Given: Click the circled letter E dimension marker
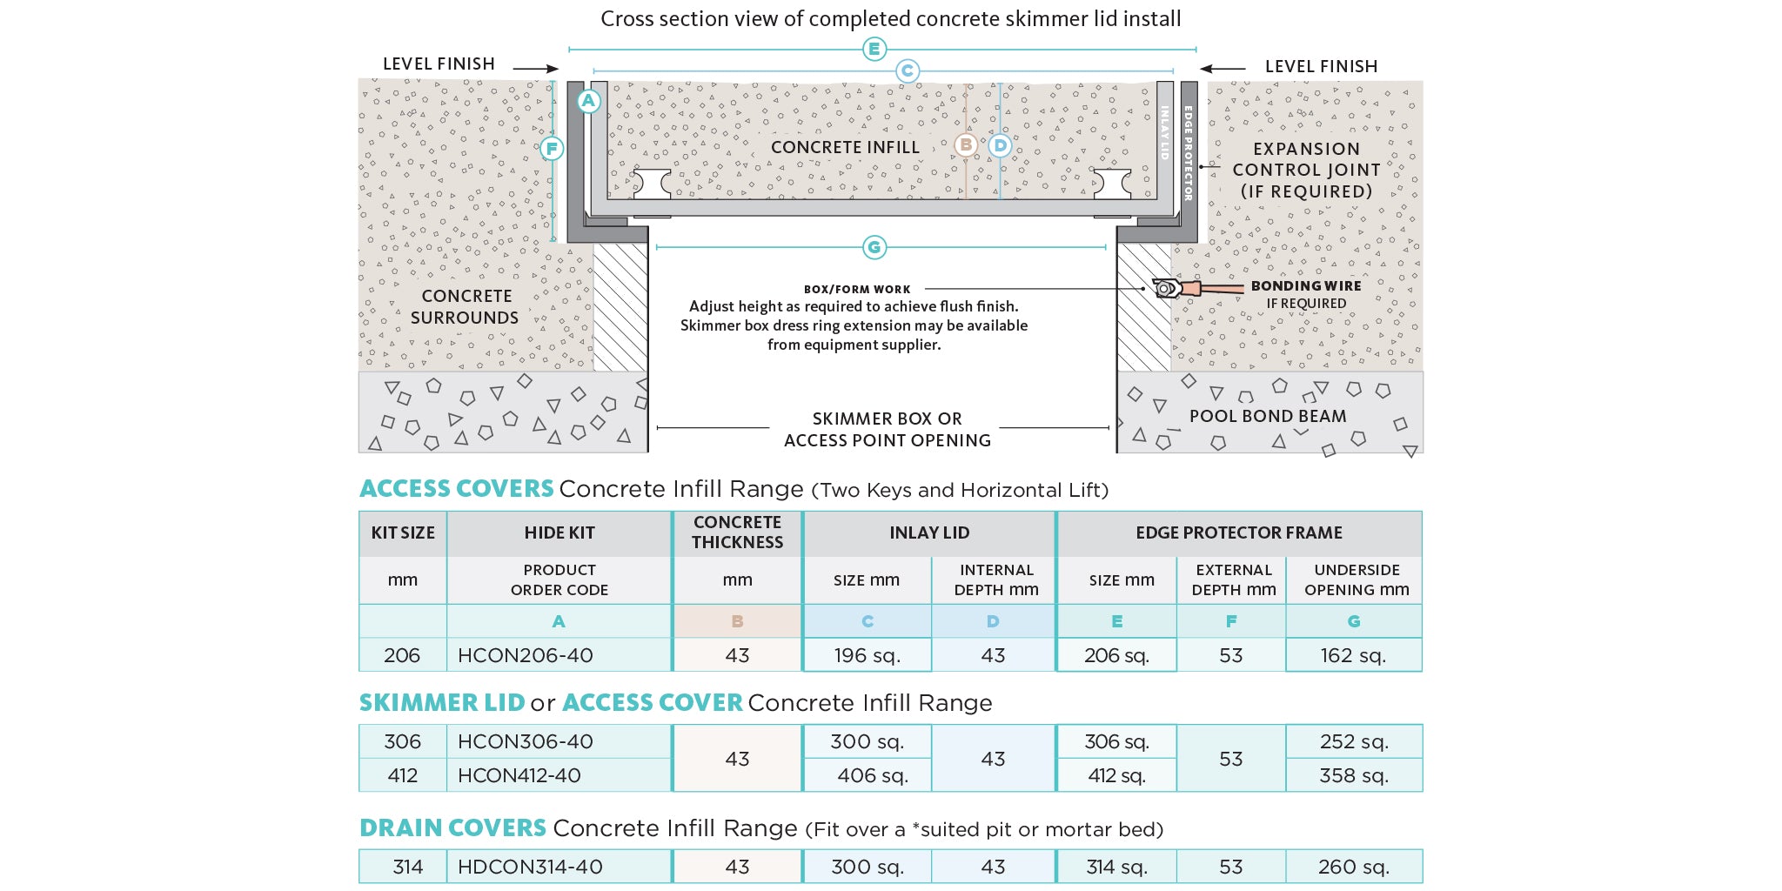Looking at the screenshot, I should click(874, 50).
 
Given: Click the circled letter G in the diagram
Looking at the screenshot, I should click(874, 248).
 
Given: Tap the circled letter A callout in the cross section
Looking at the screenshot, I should click(589, 101).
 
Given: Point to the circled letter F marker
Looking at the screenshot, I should click(552, 149).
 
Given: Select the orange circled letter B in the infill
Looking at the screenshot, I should click(965, 145).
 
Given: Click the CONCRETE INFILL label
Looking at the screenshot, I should click(845, 148).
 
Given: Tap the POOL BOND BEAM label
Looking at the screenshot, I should click(1268, 417).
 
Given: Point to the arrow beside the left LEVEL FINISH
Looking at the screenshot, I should click(535, 68).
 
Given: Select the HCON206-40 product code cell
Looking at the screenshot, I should click(526, 655).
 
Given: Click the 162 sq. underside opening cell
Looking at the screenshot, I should click(1353, 655).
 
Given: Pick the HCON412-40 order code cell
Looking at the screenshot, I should click(519, 775).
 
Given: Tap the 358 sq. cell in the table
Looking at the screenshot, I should click(1353, 775).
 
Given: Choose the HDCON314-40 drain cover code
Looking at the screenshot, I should click(530, 867).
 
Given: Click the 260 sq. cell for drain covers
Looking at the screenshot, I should click(1353, 867).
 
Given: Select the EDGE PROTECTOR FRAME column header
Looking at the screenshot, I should click(1238, 533).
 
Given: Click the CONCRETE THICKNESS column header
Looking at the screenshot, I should click(737, 533).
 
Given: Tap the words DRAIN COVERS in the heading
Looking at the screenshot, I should click(452, 827).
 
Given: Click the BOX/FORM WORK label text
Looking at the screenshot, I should click(857, 289).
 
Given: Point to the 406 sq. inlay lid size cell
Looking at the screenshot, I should click(873, 775).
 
